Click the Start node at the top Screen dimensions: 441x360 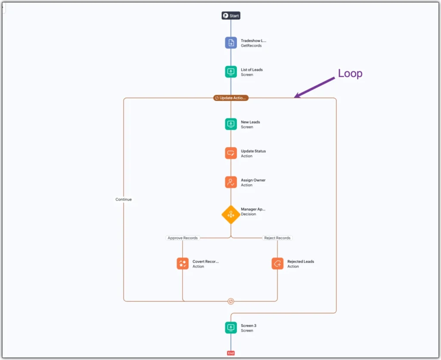click(231, 16)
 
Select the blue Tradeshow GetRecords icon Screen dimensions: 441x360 click(231, 43)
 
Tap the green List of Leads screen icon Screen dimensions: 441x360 click(231, 72)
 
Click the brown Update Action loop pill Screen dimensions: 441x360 click(231, 98)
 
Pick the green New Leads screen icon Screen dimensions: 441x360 click(231, 124)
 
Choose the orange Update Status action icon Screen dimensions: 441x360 click(231, 153)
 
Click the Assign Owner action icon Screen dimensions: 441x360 click(231, 182)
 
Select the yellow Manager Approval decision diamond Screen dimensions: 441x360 click(231, 214)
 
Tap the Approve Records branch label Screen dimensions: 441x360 click(183, 238)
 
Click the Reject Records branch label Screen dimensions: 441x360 click(277, 238)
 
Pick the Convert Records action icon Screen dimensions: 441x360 click(183, 264)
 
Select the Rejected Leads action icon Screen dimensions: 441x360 click(278, 264)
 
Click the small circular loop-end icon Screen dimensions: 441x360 click(231, 301)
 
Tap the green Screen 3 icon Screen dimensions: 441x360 click(231, 328)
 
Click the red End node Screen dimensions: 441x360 click(231, 353)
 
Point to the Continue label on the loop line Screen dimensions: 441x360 click(124, 199)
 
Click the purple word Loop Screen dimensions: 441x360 click(350, 74)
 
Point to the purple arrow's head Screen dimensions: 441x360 click(295, 97)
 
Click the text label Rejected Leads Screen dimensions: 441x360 click(301, 261)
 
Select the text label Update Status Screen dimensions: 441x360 click(253, 151)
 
